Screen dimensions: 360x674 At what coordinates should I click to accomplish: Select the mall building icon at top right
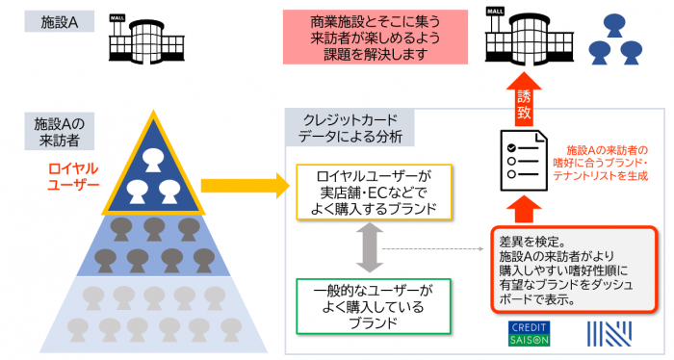[x=519, y=38]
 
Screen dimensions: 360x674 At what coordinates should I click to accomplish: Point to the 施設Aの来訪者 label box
[x=60, y=132]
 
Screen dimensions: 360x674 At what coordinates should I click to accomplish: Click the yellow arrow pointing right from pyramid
[x=241, y=180]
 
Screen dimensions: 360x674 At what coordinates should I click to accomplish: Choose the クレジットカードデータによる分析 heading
[x=350, y=127]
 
